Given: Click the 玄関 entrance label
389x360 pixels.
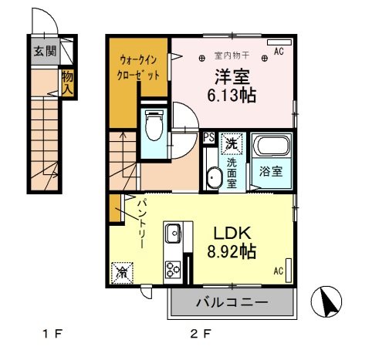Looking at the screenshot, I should coord(44,52).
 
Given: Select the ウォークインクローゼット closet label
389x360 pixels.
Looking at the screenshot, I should coord(140,68).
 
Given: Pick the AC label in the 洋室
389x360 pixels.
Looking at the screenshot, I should coord(279,51).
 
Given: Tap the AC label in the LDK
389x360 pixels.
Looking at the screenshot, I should coord(279,271).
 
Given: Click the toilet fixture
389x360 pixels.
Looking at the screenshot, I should coord(152,126).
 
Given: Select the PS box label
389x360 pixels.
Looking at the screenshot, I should coord(208,139).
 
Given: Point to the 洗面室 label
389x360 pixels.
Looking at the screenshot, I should coord(231,168).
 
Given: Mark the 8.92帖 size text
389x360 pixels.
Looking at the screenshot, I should coord(231,251).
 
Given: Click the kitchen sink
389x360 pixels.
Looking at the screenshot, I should coord(172,231).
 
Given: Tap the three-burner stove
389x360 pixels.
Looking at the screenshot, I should coord(172,269).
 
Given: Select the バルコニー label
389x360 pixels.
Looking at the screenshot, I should coord(231,301).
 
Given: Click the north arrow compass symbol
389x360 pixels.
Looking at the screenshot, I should coord(326,301).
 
